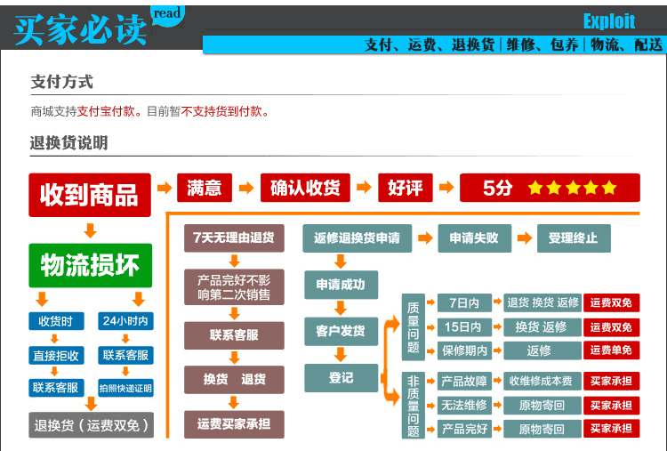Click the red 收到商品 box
click(x=90, y=194)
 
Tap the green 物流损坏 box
click(x=90, y=265)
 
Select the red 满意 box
click(x=205, y=188)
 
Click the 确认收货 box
click(x=305, y=188)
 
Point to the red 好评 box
click(x=406, y=188)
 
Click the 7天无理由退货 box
click(x=234, y=238)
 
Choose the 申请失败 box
click(x=473, y=238)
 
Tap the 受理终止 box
click(x=574, y=238)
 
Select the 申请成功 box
click(x=341, y=286)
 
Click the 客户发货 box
click(x=341, y=331)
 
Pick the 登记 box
click(x=341, y=377)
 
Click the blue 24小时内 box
click(x=125, y=321)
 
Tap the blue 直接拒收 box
click(x=56, y=355)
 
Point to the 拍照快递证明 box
click(x=125, y=388)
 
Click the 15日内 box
click(x=463, y=326)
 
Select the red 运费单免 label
click(x=611, y=350)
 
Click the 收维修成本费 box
click(x=540, y=381)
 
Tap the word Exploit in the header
click(x=609, y=21)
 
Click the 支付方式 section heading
click(x=61, y=82)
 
